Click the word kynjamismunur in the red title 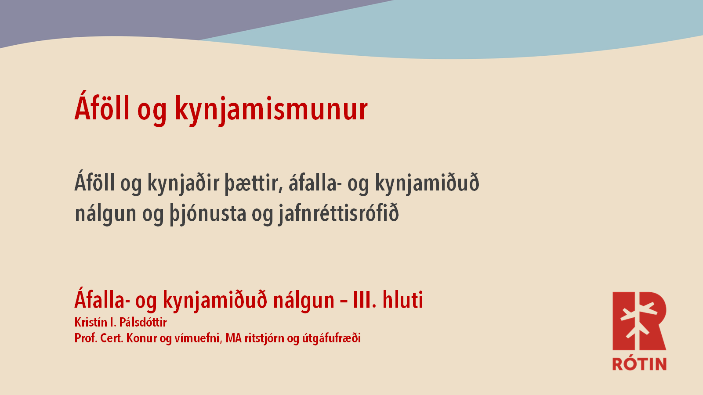[271, 110]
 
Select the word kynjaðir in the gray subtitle [183, 183]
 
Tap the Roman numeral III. [365, 300]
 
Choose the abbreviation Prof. [86, 338]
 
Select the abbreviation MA [233, 338]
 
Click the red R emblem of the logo [639, 321]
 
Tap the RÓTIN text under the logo [639, 364]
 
